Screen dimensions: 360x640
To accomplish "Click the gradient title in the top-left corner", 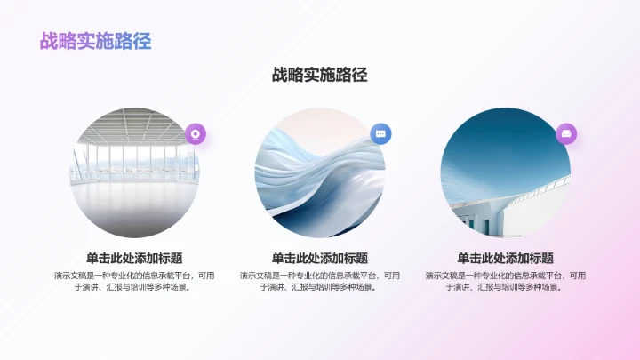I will (95, 41).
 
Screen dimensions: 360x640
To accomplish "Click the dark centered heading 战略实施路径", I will (320, 75).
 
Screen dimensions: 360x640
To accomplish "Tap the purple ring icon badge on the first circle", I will (196, 133).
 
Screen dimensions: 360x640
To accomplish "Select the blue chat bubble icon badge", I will (380, 133).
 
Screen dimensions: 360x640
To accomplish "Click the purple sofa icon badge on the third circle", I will (566, 133).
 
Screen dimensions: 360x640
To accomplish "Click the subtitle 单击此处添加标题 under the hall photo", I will (134, 258).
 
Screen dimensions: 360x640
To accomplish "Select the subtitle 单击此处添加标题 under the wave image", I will (320, 258).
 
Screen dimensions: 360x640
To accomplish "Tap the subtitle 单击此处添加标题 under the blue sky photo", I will (506, 258).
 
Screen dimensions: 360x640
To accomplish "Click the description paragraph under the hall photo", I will (134, 281).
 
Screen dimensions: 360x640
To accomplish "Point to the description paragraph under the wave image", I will (320, 281).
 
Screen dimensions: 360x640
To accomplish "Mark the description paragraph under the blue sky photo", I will (506, 281).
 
